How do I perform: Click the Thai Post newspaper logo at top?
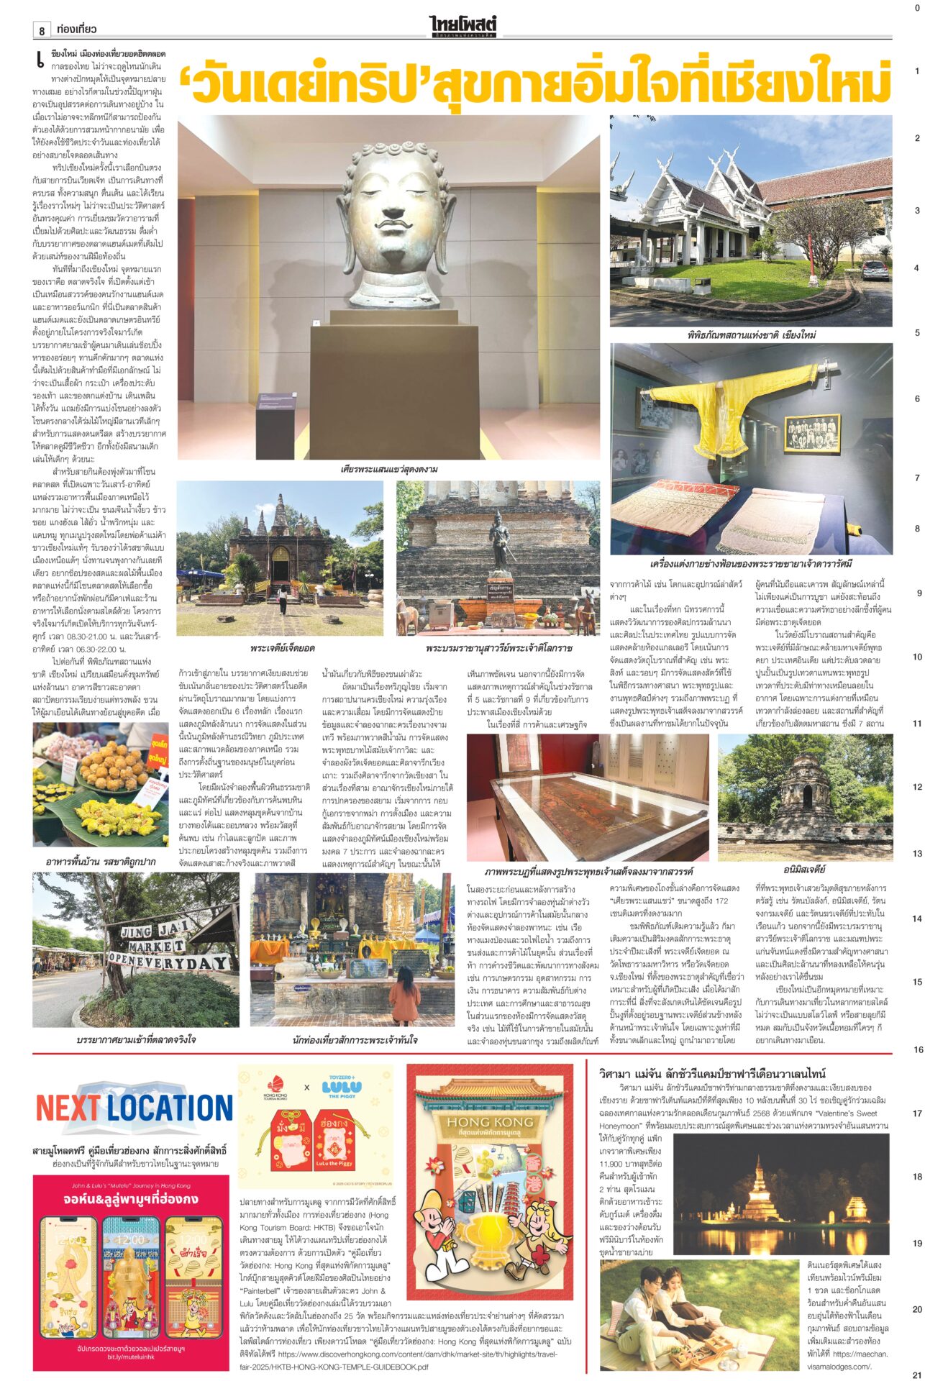tap(463, 27)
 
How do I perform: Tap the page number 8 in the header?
tap(42, 30)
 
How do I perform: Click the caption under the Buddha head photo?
tap(389, 469)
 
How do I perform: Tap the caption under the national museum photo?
tap(751, 335)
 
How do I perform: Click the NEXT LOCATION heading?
tap(135, 1108)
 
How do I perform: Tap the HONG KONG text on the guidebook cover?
tap(490, 1122)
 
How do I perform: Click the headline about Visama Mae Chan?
tap(712, 1073)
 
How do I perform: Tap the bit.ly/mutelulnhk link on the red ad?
tap(130, 1357)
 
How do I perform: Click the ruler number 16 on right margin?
tap(918, 1050)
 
